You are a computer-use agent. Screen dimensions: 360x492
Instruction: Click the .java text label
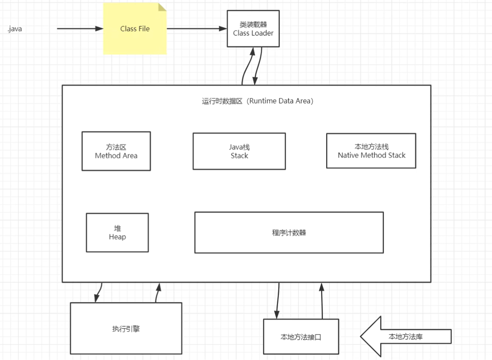(x=15, y=29)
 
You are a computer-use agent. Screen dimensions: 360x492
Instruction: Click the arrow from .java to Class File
(x=79, y=28)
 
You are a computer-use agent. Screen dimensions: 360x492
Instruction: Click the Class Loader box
(x=253, y=29)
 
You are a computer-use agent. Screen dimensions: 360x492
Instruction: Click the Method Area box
(x=116, y=151)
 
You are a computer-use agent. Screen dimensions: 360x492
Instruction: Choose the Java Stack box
(x=239, y=151)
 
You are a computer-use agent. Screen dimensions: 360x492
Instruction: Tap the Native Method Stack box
(x=371, y=151)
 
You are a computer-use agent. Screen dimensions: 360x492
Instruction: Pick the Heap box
(x=117, y=232)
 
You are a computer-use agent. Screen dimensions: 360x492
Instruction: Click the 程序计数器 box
(x=289, y=232)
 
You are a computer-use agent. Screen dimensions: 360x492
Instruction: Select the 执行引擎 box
(x=126, y=329)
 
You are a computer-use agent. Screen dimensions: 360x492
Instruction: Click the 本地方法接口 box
(x=301, y=336)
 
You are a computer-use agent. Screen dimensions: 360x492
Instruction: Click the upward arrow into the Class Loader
(x=246, y=67)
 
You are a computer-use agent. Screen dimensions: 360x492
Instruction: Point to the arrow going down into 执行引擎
(x=98, y=292)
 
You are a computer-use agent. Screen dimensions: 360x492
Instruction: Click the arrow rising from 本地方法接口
(x=322, y=300)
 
